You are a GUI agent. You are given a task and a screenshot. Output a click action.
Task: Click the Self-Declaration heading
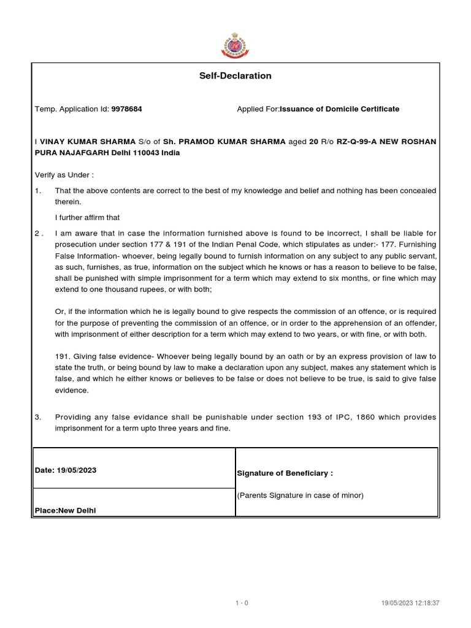pyautogui.click(x=235, y=76)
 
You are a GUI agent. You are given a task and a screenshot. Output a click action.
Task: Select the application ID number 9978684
pyautogui.click(x=126, y=109)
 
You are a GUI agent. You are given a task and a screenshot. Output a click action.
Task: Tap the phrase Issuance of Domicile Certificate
pyautogui.click(x=339, y=109)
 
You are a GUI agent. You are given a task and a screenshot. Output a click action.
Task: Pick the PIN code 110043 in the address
pyautogui.click(x=147, y=153)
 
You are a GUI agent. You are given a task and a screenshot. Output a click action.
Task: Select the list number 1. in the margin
pyautogui.click(x=38, y=191)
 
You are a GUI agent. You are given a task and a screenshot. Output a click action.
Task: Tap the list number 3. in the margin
pyautogui.click(x=38, y=417)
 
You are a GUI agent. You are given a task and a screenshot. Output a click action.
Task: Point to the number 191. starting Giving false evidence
pyautogui.click(x=63, y=357)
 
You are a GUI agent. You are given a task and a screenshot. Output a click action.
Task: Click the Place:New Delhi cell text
pyautogui.click(x=65, y=510)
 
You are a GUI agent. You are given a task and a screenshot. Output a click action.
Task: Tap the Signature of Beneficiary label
pyautogui.click(x=285, y=473)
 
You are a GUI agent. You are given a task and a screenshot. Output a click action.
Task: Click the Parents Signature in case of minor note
pyautogui.click(x=300, y=496)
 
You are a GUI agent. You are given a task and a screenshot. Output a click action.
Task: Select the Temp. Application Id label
pyautogui.click(x=72, y=109)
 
